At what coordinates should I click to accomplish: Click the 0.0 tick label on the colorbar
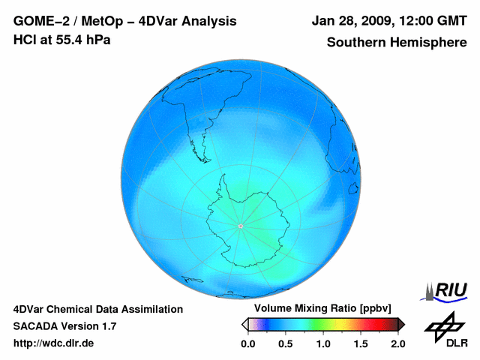247,343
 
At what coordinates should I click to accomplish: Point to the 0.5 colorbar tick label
285,343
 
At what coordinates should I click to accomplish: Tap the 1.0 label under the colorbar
322,343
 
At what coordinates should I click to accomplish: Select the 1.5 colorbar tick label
360,343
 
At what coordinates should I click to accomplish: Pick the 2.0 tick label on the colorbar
397,343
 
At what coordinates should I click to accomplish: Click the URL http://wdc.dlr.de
54,343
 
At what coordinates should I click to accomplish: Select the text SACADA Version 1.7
64,326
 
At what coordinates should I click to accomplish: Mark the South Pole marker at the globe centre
240,225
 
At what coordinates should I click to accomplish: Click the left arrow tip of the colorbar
244,324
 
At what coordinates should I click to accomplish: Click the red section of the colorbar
375,324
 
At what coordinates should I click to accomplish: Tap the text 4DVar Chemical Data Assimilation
98,309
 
